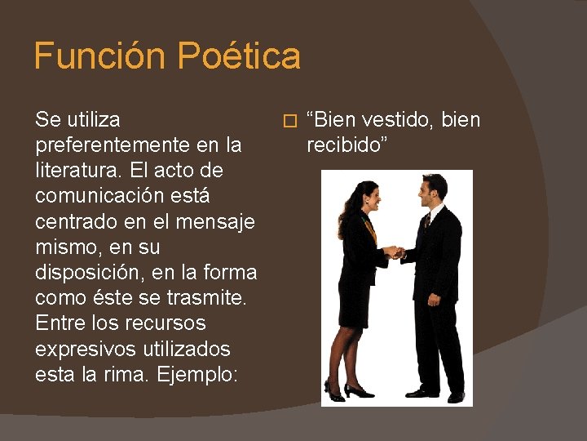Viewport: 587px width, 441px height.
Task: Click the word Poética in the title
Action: (x=239, y=56)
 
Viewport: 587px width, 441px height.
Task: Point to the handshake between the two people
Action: (x=395, y=252)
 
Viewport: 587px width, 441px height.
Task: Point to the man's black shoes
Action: (x=436, y=394)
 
